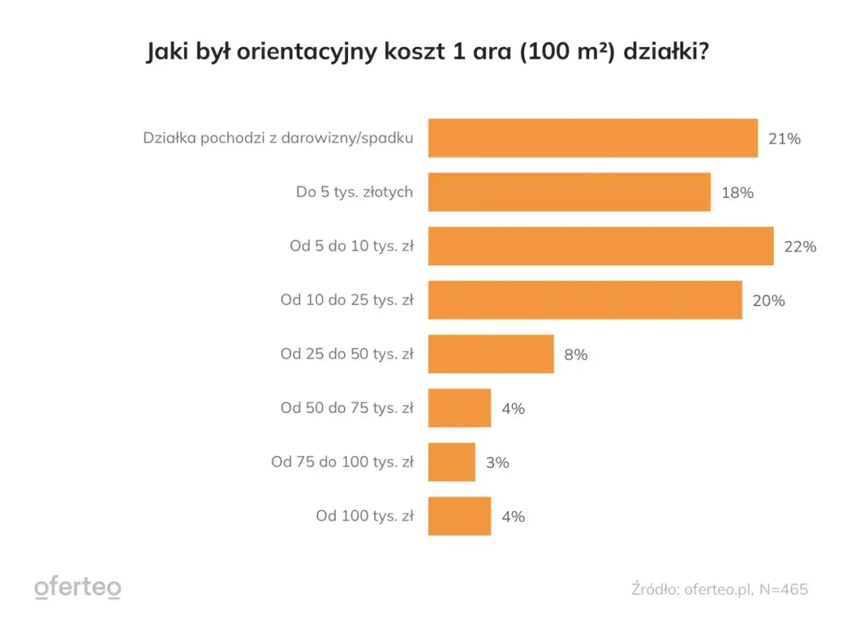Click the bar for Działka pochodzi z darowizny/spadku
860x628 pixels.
[x=592, y=138]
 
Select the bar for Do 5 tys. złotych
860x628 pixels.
[x=569, y=193]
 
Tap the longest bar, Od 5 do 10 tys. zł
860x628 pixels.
[x=600, y=246]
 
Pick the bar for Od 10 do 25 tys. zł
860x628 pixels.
[x=584, y=300]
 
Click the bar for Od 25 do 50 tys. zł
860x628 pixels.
[x=491, y=354]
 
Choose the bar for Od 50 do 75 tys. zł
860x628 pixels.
[x=459, y=408]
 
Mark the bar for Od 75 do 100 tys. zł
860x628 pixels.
[x=451, y=462]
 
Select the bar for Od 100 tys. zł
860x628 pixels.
[x=459, y=517]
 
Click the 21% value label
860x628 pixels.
[x=784, y=138]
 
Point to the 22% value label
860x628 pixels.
[x=799, y=247]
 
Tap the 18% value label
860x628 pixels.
[x=737, y=193]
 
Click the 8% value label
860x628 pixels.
[x=576, y=355]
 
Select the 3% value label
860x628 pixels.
[x=497, y=462]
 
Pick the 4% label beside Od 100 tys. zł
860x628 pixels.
[x=513, y=517]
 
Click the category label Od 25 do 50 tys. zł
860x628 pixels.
[x=346, y=354]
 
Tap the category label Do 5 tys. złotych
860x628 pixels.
[x=354, y=193]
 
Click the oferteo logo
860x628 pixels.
[x=78, y=588]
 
